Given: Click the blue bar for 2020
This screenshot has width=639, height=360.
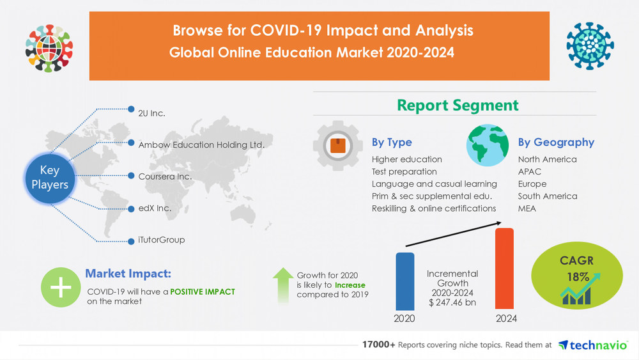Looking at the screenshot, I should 404,281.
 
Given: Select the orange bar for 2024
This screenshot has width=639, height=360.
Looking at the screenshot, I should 504,269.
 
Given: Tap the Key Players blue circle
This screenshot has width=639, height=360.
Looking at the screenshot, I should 50,177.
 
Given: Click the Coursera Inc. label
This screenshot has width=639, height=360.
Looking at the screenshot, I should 165,176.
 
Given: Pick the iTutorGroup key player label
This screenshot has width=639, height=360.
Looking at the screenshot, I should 161,240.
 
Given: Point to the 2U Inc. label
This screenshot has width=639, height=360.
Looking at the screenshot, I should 151,113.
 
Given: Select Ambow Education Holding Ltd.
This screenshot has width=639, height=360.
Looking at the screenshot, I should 201,145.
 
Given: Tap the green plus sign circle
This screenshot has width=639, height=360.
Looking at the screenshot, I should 61,288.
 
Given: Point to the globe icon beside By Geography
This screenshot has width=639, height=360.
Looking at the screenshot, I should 488,145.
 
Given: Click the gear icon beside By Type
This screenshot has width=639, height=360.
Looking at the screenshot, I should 336,145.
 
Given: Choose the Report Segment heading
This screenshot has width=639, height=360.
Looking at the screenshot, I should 458,105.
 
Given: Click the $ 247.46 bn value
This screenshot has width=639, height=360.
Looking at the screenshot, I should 452,302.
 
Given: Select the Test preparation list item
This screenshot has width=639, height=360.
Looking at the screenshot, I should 404,171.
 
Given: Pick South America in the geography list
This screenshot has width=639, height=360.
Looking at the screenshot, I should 547,196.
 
